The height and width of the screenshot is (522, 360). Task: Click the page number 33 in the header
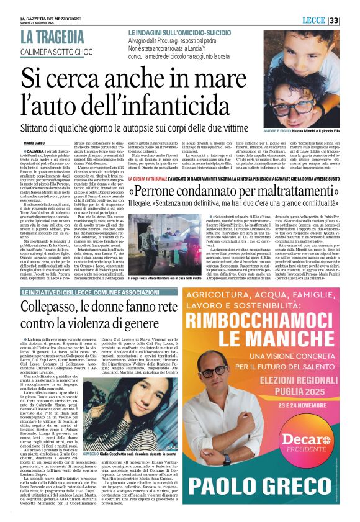click(350, 21)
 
